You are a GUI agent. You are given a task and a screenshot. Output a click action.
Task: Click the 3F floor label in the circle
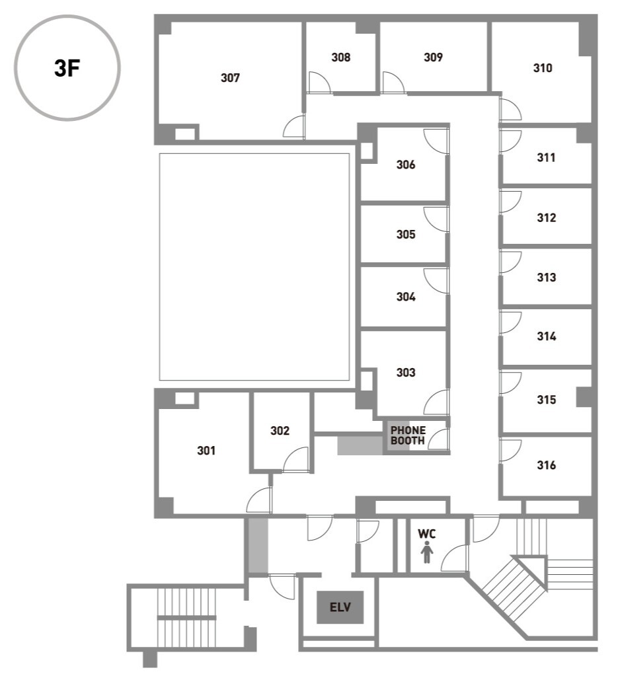pos(67,68)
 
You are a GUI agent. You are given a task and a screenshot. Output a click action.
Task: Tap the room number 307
pos(230,78)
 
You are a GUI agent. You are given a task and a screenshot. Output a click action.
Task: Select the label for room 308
pos(340,57)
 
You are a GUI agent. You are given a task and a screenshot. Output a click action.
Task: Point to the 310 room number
pos(543,68)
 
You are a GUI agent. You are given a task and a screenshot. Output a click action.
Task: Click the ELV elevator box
pos(340,607)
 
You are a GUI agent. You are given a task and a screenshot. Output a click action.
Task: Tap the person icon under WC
pos(426,552)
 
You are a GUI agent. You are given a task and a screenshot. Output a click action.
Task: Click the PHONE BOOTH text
pos(408,435)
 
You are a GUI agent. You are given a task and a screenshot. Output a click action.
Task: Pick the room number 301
pos(206,450)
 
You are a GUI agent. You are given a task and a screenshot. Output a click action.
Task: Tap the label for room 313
pos(546,278)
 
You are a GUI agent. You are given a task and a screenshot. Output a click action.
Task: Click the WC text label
pos(426,534)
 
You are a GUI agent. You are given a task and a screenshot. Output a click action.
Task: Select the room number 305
pos(406,235)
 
